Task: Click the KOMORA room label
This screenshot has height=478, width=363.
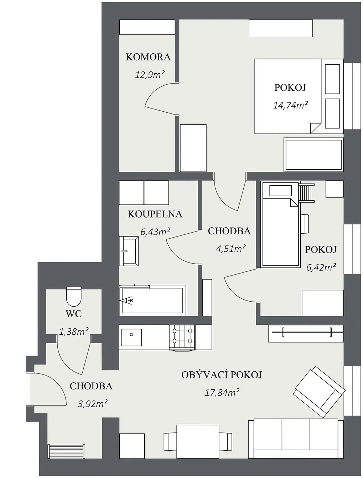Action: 148,57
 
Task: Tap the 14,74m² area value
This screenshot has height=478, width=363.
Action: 290,105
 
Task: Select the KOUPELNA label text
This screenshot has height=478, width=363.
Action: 155,214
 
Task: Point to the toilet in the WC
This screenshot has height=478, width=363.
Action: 74,297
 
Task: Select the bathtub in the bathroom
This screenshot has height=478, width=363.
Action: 152,301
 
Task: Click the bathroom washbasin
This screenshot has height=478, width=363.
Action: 129,251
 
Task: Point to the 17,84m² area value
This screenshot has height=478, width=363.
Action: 222,393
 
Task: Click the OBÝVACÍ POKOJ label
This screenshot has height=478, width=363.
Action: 222,375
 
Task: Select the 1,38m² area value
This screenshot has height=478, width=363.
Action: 74,331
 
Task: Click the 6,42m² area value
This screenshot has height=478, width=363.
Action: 321,267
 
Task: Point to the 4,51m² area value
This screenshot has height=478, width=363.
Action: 231,249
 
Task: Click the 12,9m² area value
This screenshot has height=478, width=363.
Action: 150,75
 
